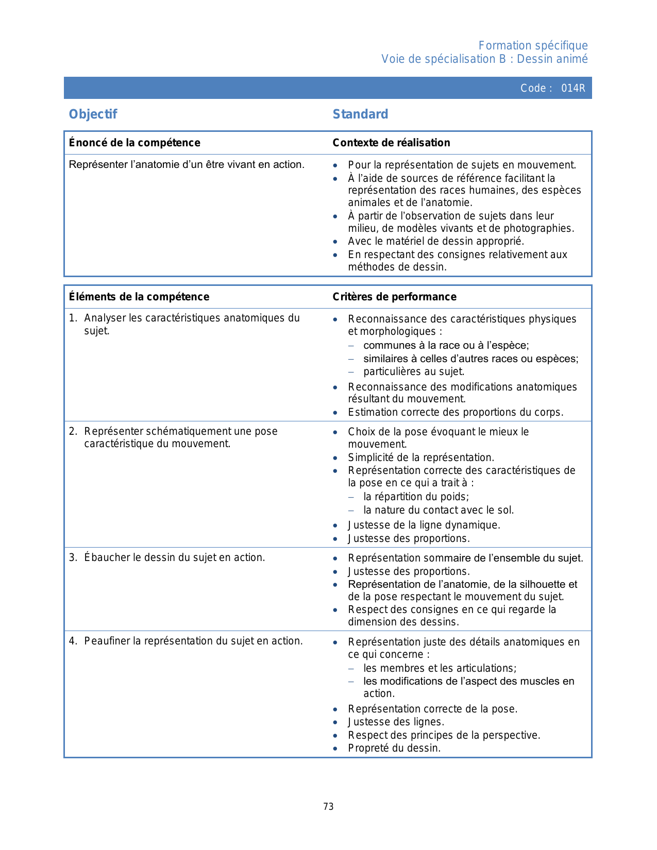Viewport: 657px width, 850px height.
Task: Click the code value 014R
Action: (573, 88)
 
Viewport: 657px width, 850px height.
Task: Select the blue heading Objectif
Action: (93, 114)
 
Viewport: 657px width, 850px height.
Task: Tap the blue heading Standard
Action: (360, 114)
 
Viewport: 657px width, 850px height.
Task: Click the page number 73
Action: (328, 806)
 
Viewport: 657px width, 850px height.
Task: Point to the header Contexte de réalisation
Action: (391, 143)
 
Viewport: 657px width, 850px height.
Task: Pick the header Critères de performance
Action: (394, 297)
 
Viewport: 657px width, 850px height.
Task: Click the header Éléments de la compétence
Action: (139, 297)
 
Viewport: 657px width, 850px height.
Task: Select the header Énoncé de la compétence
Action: (134, 143)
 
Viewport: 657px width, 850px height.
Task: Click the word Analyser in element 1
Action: (105, 318)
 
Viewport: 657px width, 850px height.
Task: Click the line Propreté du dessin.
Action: (394, 748)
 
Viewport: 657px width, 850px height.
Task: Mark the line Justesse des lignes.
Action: (396, 722)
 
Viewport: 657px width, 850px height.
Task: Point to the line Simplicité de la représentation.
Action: (421, 457)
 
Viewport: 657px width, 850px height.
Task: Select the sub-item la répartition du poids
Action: (416, 497)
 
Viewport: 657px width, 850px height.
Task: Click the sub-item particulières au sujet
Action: (414, 371)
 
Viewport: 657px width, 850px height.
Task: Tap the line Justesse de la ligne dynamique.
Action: (424, 525)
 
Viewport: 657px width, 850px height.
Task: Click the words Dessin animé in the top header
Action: (552, 59)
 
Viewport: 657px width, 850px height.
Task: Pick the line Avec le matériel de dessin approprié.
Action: (436, 241)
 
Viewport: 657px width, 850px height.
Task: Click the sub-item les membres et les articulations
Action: (440, 668)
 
